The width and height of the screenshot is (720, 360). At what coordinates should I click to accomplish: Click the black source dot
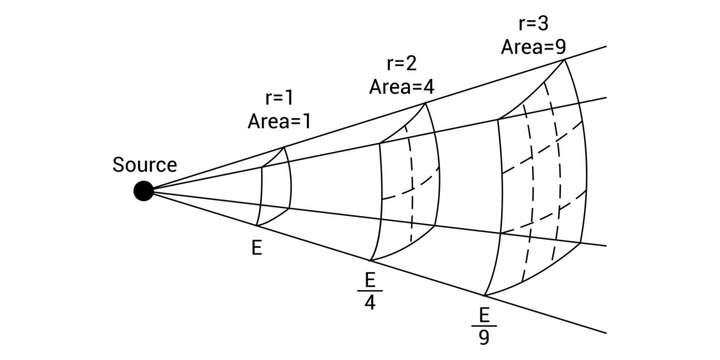145,190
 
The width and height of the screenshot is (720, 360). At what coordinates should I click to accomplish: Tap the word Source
145,165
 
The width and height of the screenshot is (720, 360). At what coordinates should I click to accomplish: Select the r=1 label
280,99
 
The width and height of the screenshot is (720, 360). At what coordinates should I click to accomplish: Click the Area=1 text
280,121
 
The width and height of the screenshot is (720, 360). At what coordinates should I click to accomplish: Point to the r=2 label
401,64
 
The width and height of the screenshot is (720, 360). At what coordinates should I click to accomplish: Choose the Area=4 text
401,86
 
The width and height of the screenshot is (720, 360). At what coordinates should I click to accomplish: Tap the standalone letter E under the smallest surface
258,244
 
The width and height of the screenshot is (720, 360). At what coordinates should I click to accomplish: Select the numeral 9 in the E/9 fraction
485,337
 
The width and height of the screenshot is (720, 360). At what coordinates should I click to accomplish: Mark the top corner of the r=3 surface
566,60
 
